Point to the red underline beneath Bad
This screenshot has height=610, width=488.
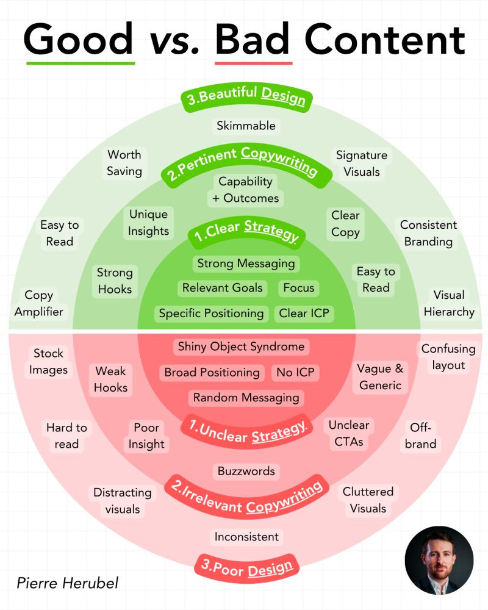pos(254,63)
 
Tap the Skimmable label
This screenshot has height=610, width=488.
pos(246,126)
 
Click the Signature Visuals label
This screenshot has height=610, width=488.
pos(362,163)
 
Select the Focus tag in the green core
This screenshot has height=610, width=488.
pos(299,288)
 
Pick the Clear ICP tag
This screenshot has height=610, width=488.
pos(304,314)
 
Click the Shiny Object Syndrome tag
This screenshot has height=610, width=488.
pos(241,346)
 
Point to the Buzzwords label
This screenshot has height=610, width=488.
pos(246,471)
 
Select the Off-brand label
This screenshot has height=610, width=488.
pos(421,436)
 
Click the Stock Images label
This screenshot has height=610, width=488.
pos(49,361)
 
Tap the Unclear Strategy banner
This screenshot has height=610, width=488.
pos(246,431)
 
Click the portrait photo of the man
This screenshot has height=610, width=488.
pos(439,561)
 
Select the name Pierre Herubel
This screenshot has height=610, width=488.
pos(68,583)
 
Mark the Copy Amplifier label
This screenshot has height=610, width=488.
pos(39,303)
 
